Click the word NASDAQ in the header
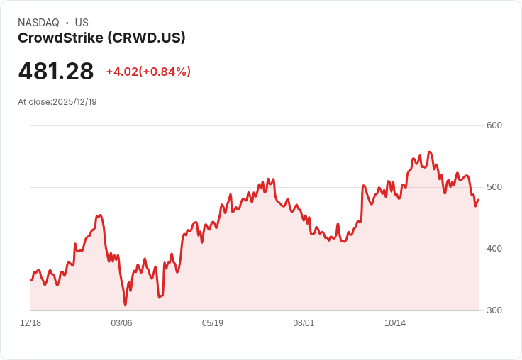38,23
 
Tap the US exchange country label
82,23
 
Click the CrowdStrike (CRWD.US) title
101,38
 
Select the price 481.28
56,72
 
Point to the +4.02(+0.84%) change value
148,72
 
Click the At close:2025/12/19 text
57,102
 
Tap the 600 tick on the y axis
494,125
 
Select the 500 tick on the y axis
494,187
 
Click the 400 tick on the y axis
494,249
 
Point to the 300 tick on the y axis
494,310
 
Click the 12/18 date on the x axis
30,323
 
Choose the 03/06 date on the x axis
121,323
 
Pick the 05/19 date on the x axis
213,323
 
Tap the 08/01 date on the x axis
304,323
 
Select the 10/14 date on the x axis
395,323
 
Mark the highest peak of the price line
430,152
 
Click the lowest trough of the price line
126,305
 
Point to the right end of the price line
479,200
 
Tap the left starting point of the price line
30,280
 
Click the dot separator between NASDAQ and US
67,23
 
